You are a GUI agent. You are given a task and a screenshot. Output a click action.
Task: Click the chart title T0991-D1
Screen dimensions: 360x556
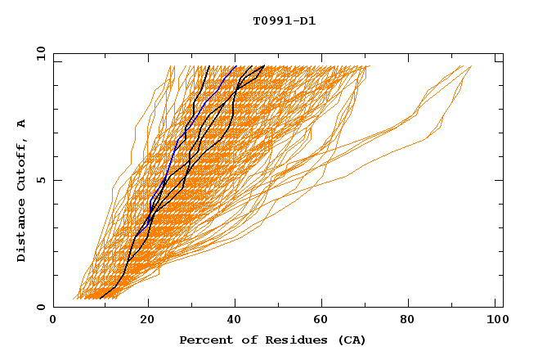click(x=284, y=20)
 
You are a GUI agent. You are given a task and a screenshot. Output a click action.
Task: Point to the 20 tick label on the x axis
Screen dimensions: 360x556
click(x=148, y=322)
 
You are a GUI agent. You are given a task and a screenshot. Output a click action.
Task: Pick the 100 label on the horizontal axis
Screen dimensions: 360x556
click(x=495, y=322)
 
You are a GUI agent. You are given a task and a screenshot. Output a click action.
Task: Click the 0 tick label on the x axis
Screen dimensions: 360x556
click(x=53, y=322)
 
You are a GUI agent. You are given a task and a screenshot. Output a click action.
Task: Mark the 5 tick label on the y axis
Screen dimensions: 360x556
click(x=40, y=180)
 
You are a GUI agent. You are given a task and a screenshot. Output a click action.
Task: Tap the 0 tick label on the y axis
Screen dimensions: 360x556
click(x=40, y=307)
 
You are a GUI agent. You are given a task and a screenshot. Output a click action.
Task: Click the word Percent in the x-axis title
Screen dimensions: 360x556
click(x=203, y=340)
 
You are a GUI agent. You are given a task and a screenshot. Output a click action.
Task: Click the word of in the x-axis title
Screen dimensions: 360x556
click(x=244, y=340)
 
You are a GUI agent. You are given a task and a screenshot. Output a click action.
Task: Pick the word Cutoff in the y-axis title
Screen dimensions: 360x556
click(x=21, y=161)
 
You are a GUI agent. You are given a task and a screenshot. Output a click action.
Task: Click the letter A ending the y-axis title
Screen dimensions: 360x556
click(x=21, y=123)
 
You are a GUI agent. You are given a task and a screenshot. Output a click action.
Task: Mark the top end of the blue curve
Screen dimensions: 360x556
click(x=235, y=66)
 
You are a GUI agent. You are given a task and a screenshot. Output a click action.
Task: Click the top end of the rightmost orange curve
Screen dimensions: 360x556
click(x=471, y=66)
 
